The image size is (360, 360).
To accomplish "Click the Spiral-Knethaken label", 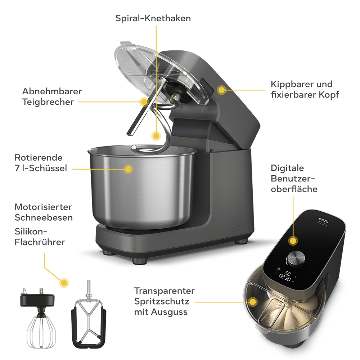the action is click(153, 18).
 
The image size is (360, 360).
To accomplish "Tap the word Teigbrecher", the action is click(48, 102).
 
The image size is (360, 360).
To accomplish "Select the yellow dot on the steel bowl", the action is click(128, 169).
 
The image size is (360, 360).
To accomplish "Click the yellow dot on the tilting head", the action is click(222, 90).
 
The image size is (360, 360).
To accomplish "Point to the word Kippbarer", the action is click(290, 84).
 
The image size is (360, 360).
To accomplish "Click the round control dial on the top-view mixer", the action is click(296, 258).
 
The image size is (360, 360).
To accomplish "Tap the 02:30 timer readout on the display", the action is click(285, 278).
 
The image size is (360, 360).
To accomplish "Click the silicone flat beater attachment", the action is click(89, 315).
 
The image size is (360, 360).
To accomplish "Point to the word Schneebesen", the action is click(44, 217).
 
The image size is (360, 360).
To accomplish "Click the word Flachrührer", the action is click(40, 242).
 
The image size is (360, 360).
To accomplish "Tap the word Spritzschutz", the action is click(162, 301).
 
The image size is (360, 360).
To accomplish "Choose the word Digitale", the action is click(287, 168).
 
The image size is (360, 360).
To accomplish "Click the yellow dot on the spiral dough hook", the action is click(156, 136).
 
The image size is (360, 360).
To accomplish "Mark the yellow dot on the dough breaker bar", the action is click(144, 102).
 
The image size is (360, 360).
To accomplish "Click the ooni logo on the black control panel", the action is click(324, 220).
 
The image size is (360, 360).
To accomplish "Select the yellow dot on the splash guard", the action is click(253, 301).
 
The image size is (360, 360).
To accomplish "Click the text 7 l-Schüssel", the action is click(41, 168).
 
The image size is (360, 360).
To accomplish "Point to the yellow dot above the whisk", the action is click(64, 283).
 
